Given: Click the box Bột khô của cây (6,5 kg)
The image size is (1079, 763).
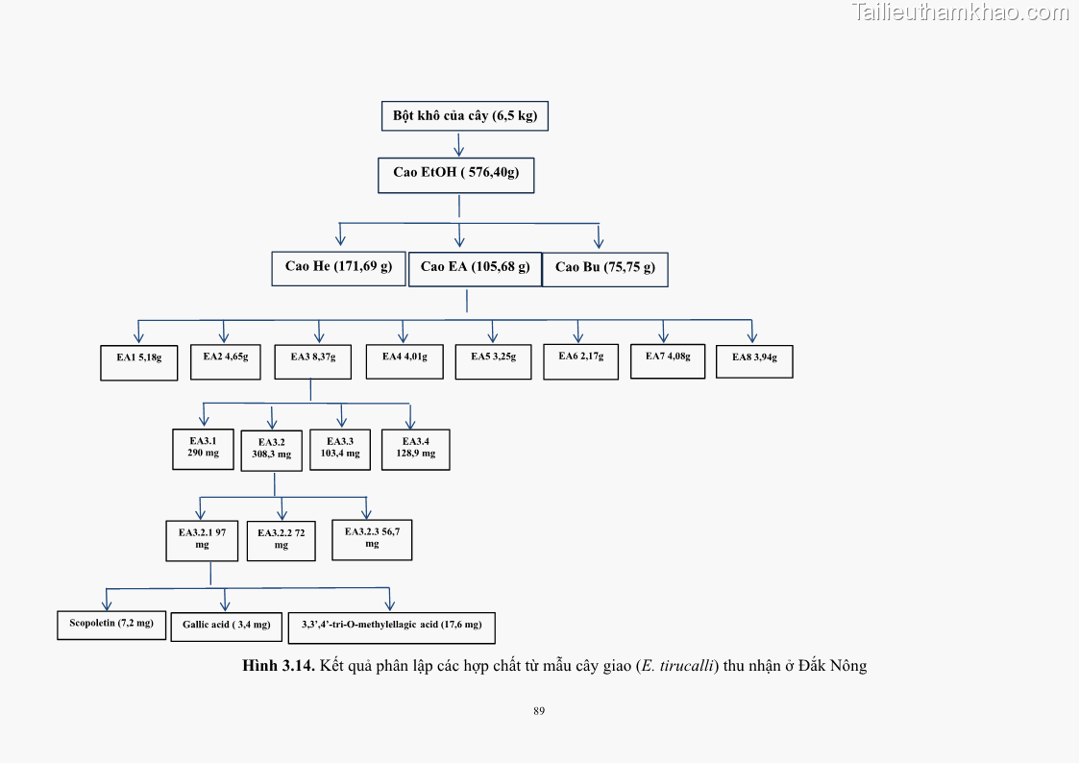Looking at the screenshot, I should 465,116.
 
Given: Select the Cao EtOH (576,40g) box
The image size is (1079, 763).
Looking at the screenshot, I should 456,174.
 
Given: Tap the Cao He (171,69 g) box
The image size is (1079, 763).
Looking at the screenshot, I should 338,267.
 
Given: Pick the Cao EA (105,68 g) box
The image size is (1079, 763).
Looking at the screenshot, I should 475,268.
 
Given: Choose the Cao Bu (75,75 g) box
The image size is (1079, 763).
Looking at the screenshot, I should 605,269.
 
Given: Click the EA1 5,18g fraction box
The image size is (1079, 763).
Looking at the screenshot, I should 139,361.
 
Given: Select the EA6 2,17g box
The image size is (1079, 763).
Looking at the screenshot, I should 580,360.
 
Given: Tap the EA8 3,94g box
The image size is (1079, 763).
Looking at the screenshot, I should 754,360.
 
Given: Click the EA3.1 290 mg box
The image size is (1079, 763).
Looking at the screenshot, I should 203,449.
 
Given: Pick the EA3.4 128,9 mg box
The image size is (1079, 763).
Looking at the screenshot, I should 415,449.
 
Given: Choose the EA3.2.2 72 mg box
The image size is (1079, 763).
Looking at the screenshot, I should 281,541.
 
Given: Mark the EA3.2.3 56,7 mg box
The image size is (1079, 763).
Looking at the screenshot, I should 372,539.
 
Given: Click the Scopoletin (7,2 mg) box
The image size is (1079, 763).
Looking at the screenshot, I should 111,625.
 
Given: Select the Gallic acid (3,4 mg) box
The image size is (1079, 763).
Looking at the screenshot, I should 227,627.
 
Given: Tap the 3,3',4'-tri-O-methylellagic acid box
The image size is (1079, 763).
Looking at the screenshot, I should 391,628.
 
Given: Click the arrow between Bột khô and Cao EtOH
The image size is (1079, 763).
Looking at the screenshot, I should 459,144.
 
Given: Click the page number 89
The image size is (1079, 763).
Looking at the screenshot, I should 539,711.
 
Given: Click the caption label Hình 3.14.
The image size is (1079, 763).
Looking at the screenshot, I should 279,666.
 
